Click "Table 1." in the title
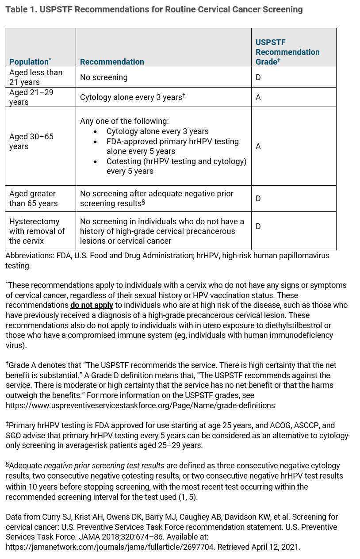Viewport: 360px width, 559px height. [x=21, y=9]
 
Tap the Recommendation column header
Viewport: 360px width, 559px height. [x=112, y=62]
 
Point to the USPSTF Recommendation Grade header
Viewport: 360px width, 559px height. [x=287, y=52]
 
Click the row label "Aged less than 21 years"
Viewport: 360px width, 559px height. [x=36, y=77]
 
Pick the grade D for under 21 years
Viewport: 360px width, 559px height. [x=258, y=77]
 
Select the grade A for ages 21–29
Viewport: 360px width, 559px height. [x=258, y=97]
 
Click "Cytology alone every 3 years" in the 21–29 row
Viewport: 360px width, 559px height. [x=130, y=97]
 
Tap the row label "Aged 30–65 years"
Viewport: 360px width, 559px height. [x=31, y=142]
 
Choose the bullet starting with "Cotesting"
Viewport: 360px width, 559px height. [x=176, y=166]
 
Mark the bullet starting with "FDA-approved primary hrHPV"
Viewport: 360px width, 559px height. [x=172, y=146]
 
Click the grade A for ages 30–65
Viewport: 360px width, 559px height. [x=258, y=146]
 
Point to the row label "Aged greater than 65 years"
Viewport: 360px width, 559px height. [x=33, y=199]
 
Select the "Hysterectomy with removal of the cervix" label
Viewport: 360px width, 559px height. [x=37, y=231]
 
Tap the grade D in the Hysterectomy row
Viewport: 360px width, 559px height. [x=258, y=226]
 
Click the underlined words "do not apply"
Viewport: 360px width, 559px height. [x=92, y=305]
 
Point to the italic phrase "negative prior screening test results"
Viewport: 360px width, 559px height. [x=104, y=466]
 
